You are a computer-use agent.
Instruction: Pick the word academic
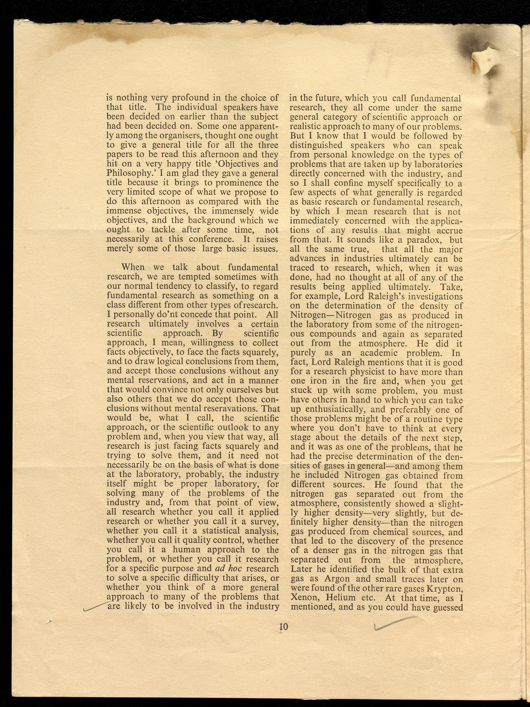(x=379, y=353)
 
